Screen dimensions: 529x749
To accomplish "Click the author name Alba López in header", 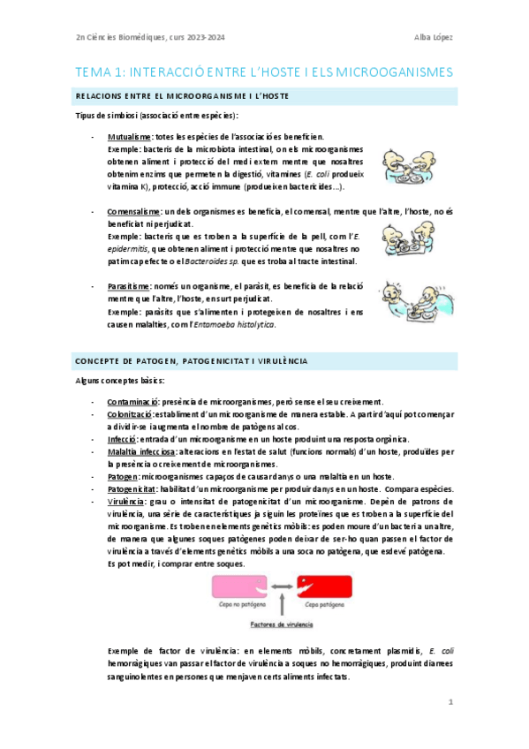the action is pyautogui.click(x=434, y=36).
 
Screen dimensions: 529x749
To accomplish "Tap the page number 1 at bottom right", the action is pyautogui.click(x=450, y=702).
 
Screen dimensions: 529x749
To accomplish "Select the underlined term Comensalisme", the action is pyautogui.click(x=134, y=212).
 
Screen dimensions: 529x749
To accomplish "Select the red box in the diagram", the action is pyautogui.click(x=321, y=584).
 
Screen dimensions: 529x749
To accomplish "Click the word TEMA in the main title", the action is pyautogui.click(x=93, y=72).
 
